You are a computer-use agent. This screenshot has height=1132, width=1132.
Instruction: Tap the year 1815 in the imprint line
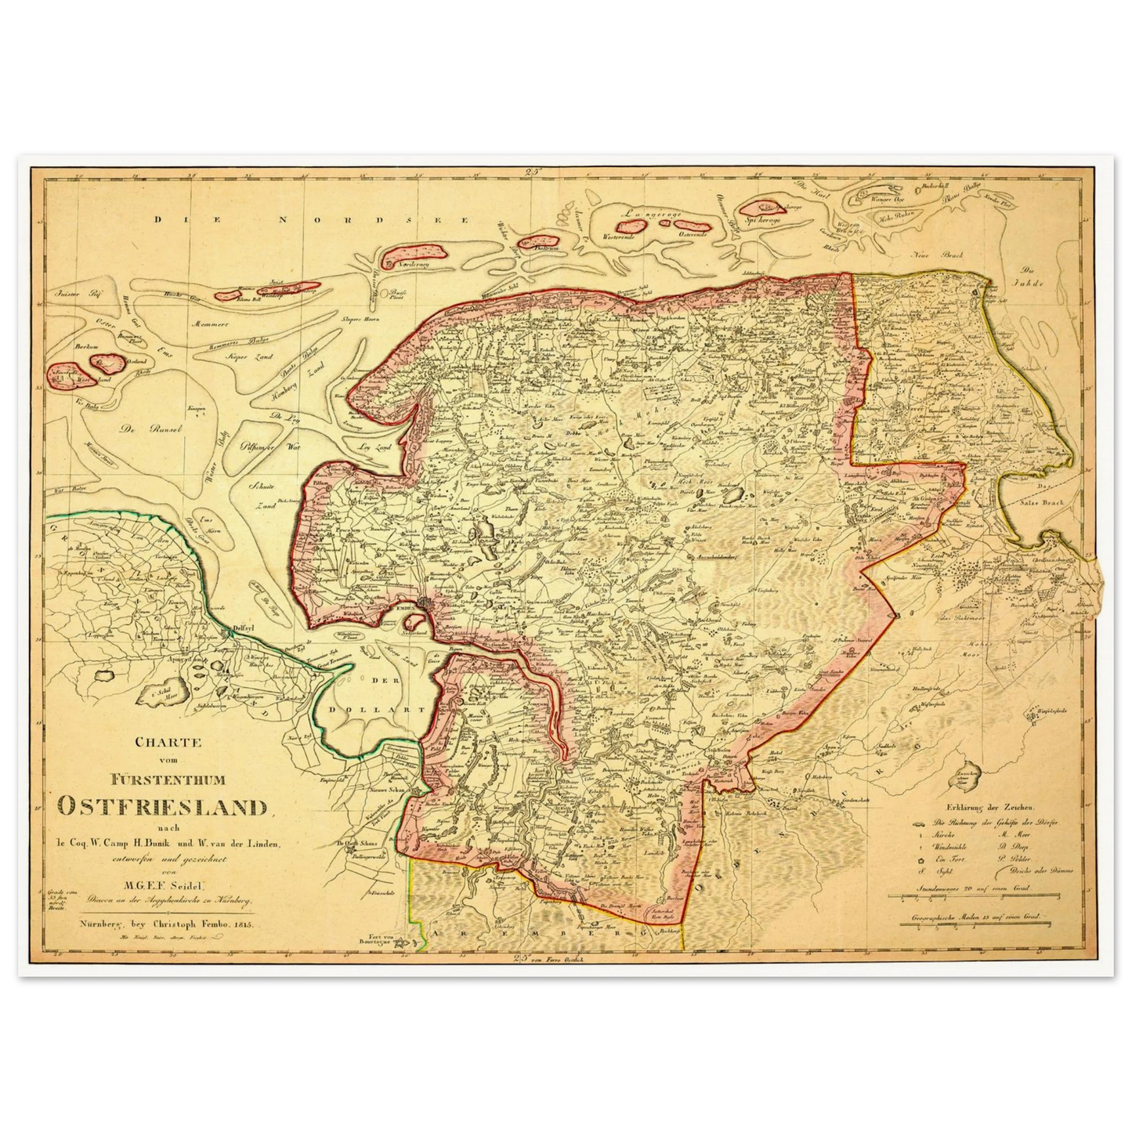(x=245, y=924)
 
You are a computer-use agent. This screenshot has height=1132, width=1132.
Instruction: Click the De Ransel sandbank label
(x=140, y=429)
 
